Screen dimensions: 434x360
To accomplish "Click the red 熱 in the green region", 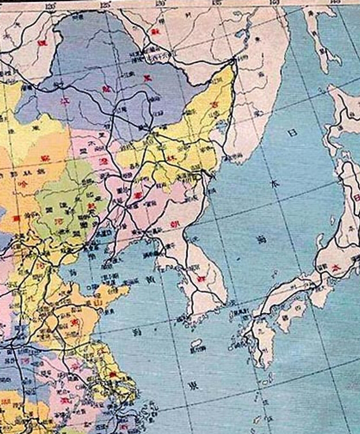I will (x=91, y=206).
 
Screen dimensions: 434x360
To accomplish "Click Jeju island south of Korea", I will (x=196, y=343).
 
